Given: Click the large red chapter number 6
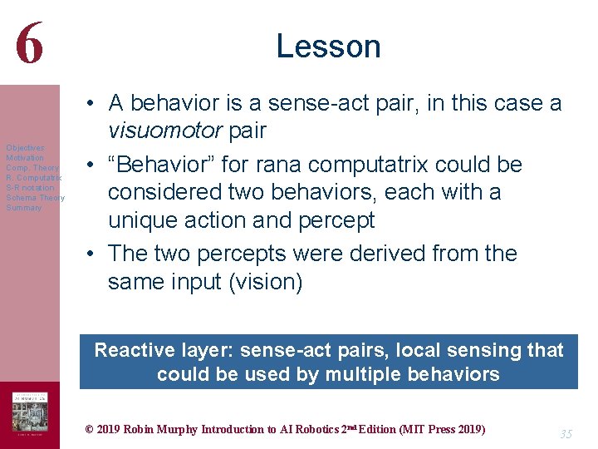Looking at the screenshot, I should click(28, 43).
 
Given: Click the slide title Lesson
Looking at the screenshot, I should click(328, 46).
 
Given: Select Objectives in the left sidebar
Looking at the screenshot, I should click(25, 148).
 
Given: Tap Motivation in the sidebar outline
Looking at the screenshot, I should click(25, 158).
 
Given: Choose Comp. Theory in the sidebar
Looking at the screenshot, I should click(32, 168).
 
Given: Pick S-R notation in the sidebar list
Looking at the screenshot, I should click(30, 188).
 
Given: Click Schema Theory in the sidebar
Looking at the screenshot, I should click(35, 198).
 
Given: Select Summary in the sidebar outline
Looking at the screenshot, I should click(23, 208).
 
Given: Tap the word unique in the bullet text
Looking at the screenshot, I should click(143, 220).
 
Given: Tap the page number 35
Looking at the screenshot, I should click(566, 434).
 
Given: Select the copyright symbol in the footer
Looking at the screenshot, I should click(90, 430).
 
